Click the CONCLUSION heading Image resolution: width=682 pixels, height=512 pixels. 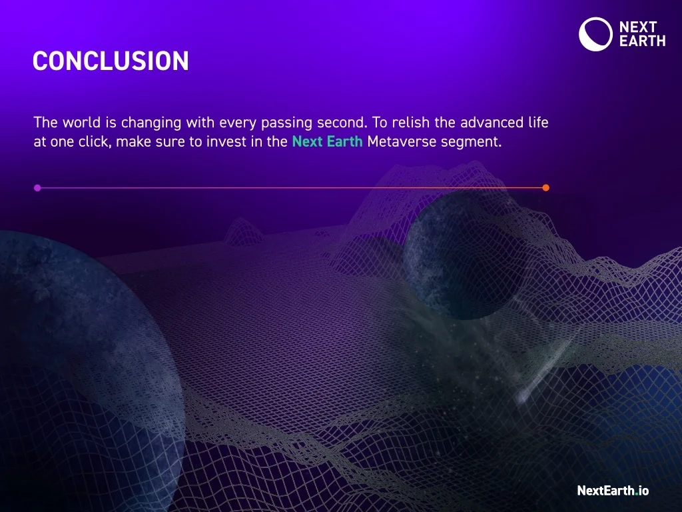[111, 61]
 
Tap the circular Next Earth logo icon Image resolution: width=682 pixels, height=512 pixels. [595, 34]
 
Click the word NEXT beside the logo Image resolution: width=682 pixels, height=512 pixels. [638, 27]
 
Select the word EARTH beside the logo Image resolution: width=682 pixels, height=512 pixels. [642, 41]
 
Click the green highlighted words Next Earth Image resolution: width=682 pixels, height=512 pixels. [327, 142]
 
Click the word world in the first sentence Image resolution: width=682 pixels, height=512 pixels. [83, 123]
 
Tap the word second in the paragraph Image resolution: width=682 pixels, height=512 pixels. [341, 123]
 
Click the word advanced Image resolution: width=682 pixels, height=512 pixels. [492, 123]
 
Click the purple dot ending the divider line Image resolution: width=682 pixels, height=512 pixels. [37, 188]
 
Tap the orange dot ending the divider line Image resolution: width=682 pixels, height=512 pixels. [546, 188]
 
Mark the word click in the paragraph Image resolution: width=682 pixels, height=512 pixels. [95, 142]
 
